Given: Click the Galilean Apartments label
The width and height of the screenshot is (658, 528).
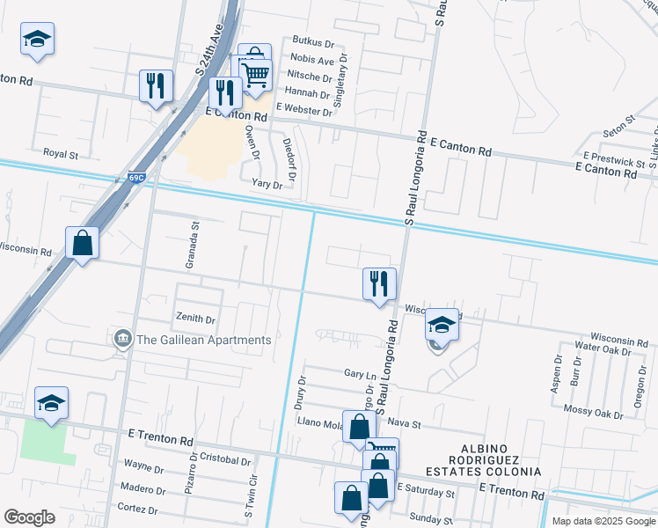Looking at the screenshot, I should tap(202, 341).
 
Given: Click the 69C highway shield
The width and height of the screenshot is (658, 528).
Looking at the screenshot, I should tap(135, 178).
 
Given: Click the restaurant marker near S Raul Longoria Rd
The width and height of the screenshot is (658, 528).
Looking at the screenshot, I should tap(379, 283).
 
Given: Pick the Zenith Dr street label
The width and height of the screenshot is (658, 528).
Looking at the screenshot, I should tap(196, 319).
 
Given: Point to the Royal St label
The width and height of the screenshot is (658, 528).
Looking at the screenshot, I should tap(62, 154).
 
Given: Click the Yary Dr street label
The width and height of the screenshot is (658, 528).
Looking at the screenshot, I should tap(267, 185).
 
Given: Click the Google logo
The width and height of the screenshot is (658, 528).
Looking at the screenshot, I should tap(29, 517).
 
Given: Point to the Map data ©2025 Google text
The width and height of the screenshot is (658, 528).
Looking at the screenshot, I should tap(602, 521).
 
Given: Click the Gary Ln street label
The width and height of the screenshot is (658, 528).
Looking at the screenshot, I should tap(355, 374).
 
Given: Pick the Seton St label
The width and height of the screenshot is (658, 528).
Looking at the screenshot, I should tap(618, 124).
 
